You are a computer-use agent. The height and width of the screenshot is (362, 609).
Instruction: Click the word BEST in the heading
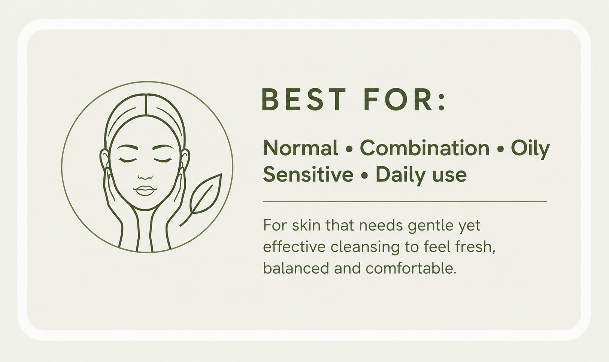click(x=303, y=99)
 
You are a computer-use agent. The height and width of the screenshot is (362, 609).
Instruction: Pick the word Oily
click(x=530, y=149)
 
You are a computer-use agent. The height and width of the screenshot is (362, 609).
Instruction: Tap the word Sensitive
click(x=308, y=174)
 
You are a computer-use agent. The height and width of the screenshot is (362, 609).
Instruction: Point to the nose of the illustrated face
click(x=145, y=177)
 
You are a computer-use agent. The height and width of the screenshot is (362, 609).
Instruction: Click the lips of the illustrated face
click(x=145, y=191)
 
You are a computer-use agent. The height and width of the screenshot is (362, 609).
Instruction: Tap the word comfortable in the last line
click(x=411, y=268)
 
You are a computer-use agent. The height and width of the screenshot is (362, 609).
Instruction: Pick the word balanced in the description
click(x=296, y=268)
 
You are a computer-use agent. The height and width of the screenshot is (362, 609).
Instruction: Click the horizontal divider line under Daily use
click(x=405, y=202)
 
